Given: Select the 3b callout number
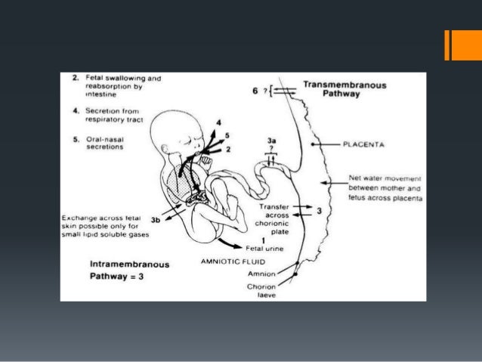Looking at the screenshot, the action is tap(156, 220).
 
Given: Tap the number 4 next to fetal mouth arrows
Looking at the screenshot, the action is tap(218, 122).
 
